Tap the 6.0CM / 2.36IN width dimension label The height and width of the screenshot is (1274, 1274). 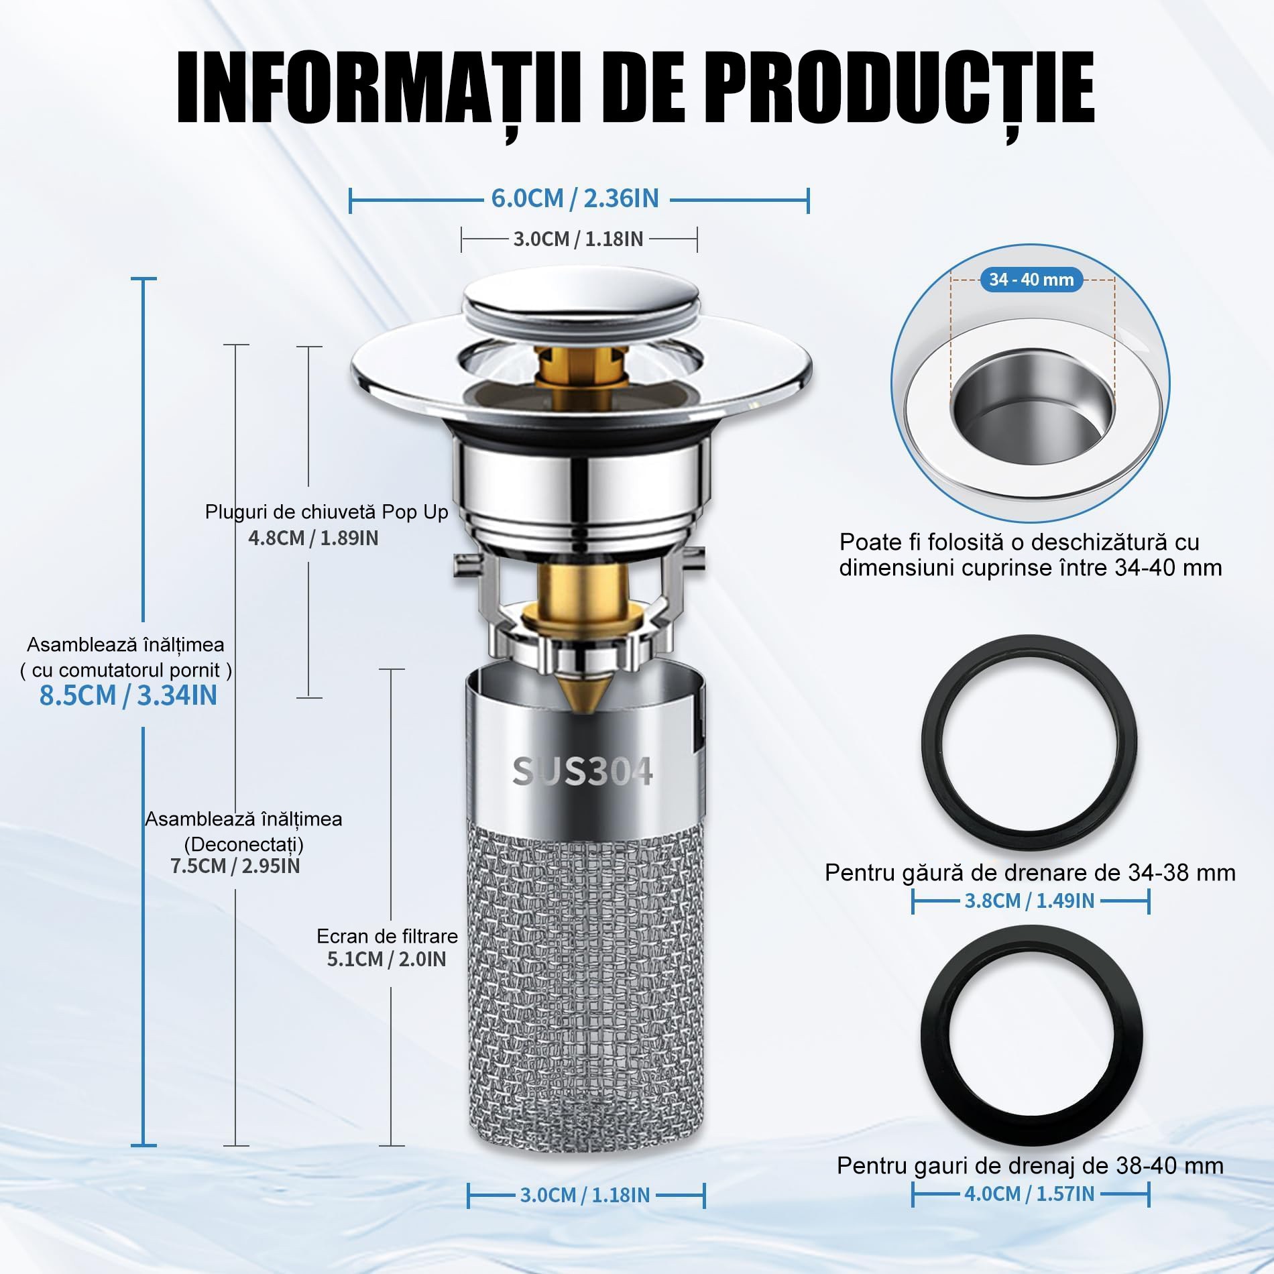[575, 198]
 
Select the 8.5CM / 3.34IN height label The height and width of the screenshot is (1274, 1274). [128, 695]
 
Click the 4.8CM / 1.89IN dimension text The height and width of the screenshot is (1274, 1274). [313, 538]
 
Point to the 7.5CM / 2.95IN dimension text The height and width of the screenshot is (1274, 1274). [235, 866]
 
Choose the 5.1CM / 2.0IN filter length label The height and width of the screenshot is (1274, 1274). [386, 959]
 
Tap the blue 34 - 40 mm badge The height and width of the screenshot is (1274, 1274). [1031, 280]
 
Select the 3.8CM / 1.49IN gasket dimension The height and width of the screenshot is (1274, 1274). [1029, 901]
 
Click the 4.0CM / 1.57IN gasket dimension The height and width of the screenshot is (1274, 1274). [1029, 1194]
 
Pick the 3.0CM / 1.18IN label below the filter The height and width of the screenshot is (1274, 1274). [585, 1195]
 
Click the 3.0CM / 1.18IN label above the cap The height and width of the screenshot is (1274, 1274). [578, 239]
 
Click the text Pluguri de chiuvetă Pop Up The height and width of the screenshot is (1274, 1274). [327, 512]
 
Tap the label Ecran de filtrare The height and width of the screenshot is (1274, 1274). [387, 936]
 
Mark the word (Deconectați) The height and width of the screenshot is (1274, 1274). [244, 844]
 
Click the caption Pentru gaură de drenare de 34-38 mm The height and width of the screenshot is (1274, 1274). [1030, 872]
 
